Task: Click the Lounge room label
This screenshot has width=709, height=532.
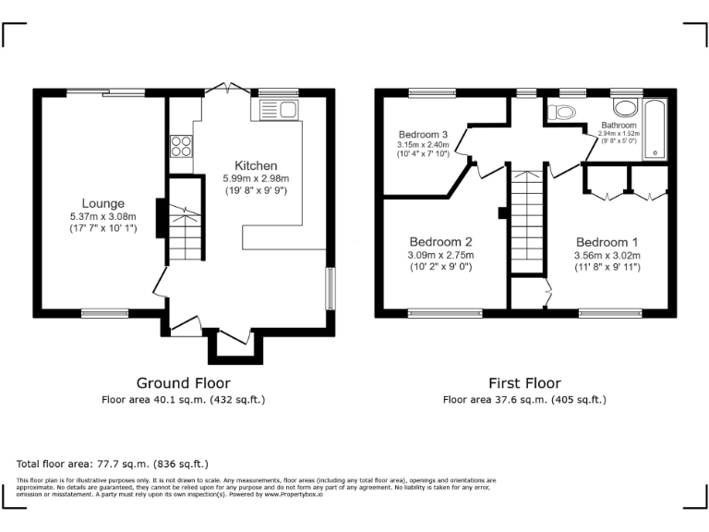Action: [x=102, y=203]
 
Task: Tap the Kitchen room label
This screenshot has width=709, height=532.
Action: [x=256, y=165]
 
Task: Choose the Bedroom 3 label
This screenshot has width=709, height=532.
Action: [x=423, y=133]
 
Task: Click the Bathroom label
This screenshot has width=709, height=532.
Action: [x=619, y=125]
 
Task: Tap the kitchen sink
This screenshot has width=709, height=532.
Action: [x=276, y=112]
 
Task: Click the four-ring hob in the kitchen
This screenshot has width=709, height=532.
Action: [x=181, y=146]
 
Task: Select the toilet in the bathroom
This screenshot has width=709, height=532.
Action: [x=561, y=113]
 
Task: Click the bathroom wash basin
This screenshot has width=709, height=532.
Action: [x=625, y=104]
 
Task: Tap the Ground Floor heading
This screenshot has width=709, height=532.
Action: [x=183, y=382]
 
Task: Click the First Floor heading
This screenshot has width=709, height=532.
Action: [x=524, y=382]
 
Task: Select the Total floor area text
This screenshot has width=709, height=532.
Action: [x=113, y=464]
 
